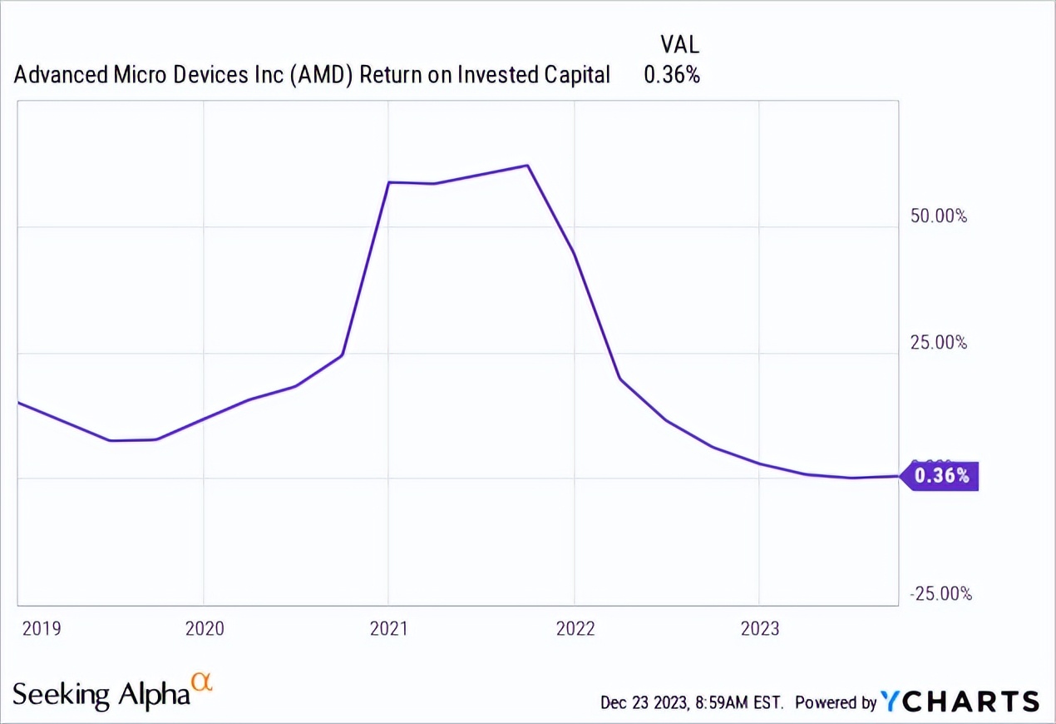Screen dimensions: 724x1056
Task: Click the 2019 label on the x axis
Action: coord(42,628)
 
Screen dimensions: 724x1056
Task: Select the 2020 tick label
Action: coord(205,628)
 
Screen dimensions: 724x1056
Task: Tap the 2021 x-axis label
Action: coord(389,628)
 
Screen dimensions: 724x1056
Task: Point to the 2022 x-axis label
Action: coord(575,628)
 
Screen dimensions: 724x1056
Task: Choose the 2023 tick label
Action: coord(759,628)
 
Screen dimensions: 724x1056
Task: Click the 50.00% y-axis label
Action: coord(938,216)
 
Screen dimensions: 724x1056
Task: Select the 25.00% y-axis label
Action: coord(938,342)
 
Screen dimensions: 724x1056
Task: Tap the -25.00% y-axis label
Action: coord(940,594)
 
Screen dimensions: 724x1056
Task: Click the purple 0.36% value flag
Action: coord(941,476)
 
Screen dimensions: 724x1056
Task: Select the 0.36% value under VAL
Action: coord(671,75)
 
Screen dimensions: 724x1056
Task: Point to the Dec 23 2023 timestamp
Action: coord(692,702)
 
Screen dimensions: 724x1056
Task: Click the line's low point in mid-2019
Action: coord(111,440)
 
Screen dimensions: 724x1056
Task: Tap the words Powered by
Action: coord(835,702)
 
